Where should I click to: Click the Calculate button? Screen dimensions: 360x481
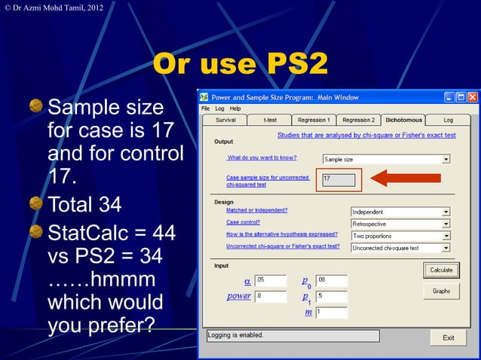(441, 270)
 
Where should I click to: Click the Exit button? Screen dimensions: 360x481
(448, 337)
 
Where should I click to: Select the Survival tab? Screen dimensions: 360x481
(225, 120)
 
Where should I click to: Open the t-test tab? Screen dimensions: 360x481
(269, 120)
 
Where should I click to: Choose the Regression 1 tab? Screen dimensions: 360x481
(313, 120)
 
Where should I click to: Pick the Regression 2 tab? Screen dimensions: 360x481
(357, 120)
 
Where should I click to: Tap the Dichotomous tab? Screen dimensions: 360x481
(403, 120)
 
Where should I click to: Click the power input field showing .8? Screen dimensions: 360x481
(271, 296)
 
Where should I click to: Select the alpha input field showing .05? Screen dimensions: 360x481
(271, 280)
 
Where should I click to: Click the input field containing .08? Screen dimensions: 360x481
(331, 280)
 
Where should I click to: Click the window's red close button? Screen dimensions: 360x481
(473, 97)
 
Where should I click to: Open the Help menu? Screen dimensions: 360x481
(235, 108)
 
